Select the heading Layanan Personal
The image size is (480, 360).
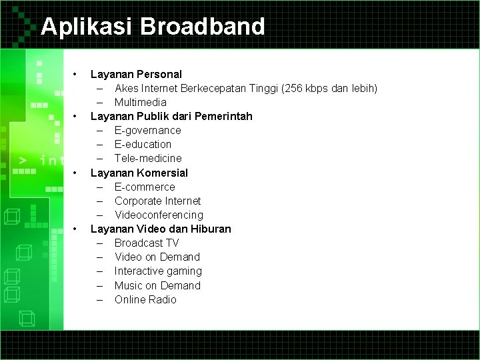pyautogui.click(x=136, y=74)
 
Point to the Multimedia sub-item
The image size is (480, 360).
pyautogui.click(x=140, y=102)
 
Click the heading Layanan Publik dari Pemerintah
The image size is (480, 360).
pyautogui.click(x=171, y=116)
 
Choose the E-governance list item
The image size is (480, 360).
pyautogui.click(x=147, y=130)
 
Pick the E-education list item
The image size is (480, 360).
pyautogui.click(x=143, y=144)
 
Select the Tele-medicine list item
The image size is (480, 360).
pyautogui.click(x=147, y=158)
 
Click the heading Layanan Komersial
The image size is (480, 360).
pyautogui.click(x=139, y=173)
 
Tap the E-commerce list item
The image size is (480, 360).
pyautogui.click(x=145, y=187)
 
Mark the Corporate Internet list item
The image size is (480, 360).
pyautogui.click(x=157, y=201)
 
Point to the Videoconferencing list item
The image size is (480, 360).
pyautogui.click(x=159, y=215)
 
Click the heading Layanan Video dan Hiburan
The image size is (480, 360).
pyautogui.click(x=161, y=229)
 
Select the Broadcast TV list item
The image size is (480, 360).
pyautogui.click(x=147, y=243)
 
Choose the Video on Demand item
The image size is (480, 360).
pyautogui.click(x=157, y=257)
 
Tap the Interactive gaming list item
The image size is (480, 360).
pyautogui.click(x=158, y=271)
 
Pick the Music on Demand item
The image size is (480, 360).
pyautogui.click(x=157, y=285)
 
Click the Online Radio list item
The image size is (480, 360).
pyautogui.click(x=145, y=299)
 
